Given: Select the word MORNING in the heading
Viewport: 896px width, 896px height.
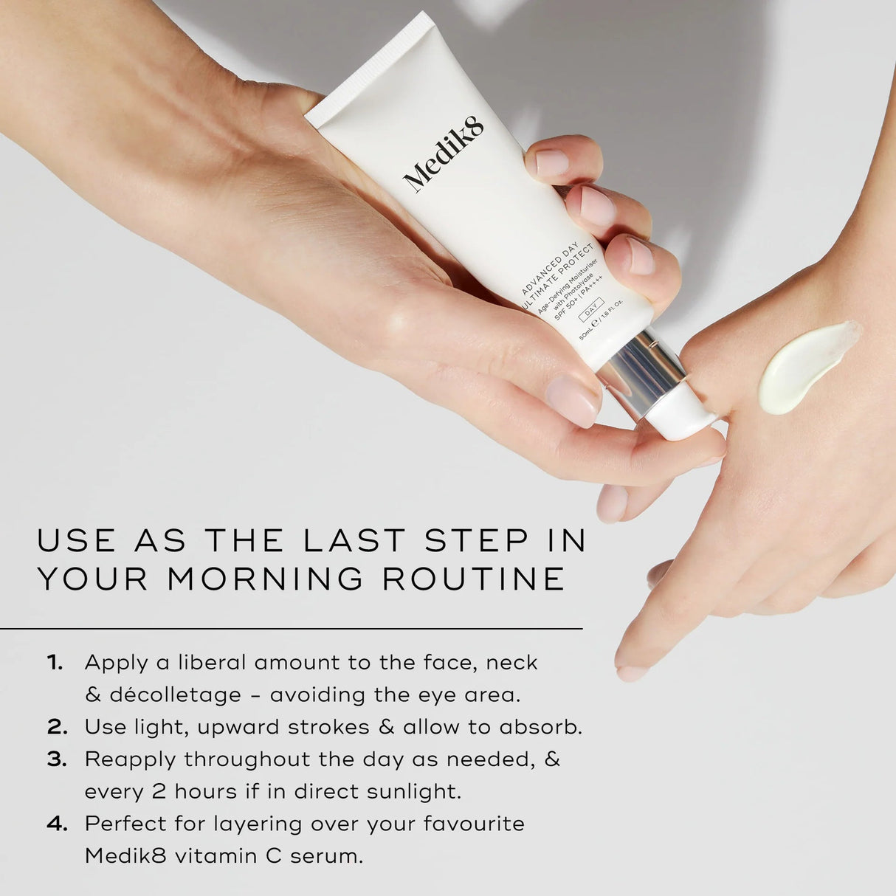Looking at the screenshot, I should tap(265, 579).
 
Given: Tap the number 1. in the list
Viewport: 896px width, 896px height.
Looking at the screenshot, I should tap(55, 662).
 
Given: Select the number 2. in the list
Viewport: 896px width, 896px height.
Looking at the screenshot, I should tap(57, 727).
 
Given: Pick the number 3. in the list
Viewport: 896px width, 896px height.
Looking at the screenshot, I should tap(57, 759).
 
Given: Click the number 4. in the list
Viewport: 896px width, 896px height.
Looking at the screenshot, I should tap(57, 824).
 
